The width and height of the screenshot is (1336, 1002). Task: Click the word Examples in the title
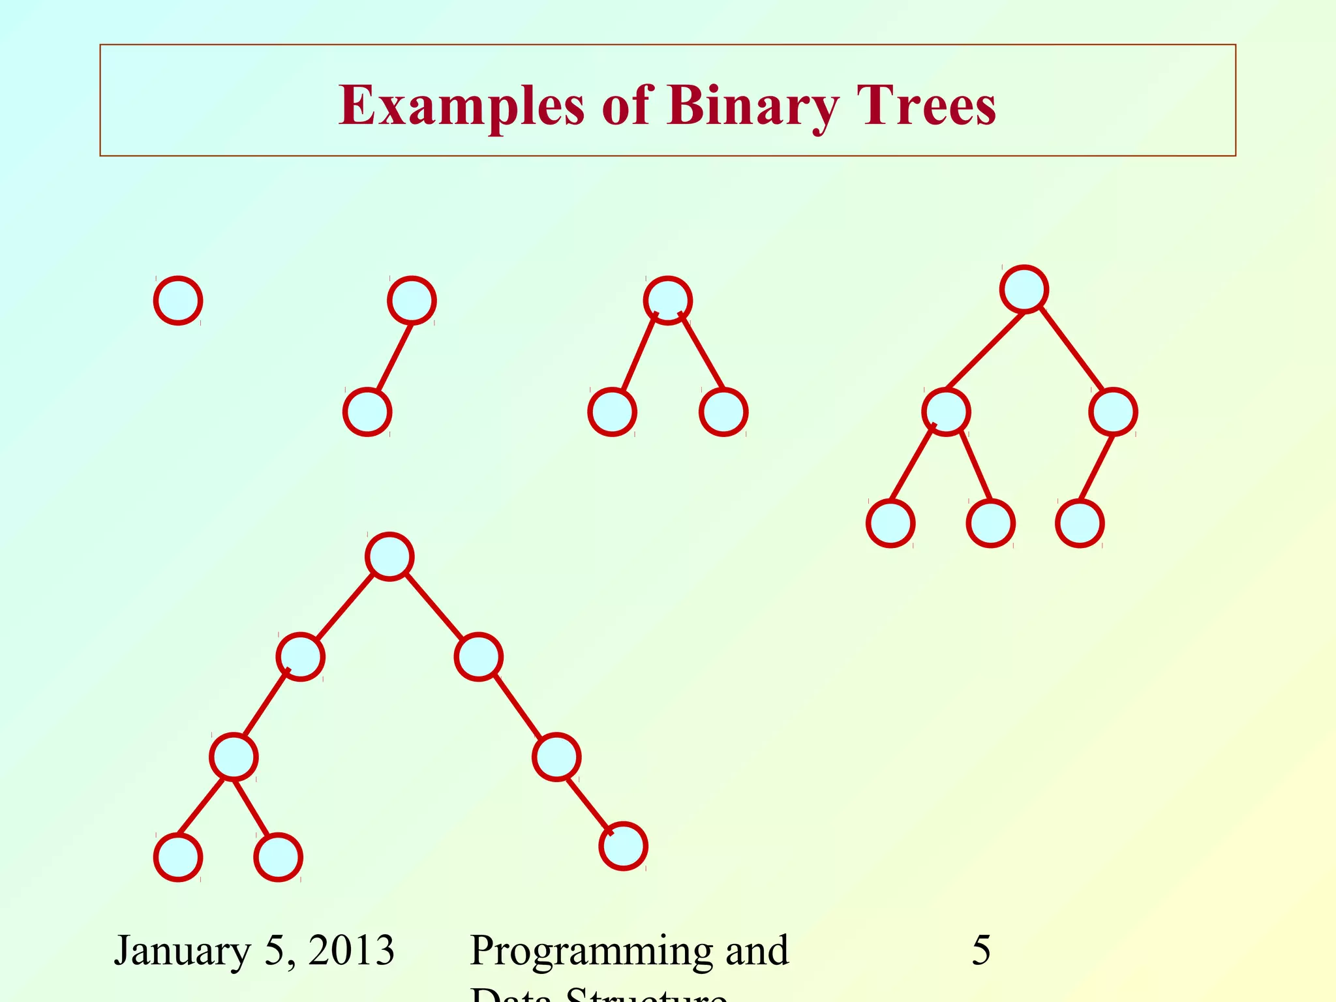[x=461, y=106]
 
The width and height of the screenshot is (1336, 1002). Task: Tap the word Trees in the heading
[x=926, y=106]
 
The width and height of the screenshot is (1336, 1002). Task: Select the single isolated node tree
[x=178, y=300]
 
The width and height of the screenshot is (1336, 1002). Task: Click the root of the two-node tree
[x=412, y=300]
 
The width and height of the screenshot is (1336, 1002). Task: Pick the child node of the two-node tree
[x=367, y=412]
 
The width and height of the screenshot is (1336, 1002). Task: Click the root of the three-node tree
[x=667, y=300]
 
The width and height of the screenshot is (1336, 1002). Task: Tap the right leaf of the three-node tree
[x=723, y=412]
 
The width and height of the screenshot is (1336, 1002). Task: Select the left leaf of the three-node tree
[x=612, y=412]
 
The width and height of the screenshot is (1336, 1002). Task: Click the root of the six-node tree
[x=1024, y=289]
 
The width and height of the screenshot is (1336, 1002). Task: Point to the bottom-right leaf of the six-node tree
[x=1080, y=523]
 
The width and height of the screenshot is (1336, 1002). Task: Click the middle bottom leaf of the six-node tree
[x=990, y=523]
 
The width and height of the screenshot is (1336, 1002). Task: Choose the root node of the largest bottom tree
[x=389, y=556]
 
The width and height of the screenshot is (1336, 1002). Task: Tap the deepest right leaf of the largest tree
[x=623, y=846]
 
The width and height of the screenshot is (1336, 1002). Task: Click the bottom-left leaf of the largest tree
[x=178, y=857]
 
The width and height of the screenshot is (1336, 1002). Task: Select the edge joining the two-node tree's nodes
[x=395, y=357]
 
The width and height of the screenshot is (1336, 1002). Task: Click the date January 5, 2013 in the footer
[x=254, y=950]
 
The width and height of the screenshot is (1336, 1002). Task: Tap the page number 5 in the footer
[x=980, y=950]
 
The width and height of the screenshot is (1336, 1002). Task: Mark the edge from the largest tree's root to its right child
[x=434, y=607]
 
